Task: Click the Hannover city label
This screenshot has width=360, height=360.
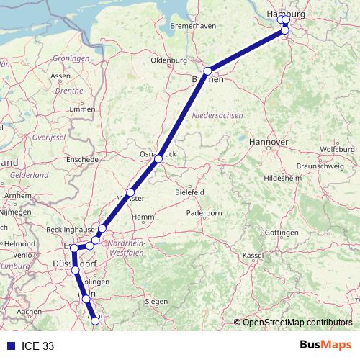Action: tap(269, 143)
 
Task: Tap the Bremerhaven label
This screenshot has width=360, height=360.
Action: tap(194, 27)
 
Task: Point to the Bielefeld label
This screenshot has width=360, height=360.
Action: tap(191, 193)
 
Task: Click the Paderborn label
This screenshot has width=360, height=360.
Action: tap(204, 213)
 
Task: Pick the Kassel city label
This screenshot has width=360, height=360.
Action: tap(253, 256)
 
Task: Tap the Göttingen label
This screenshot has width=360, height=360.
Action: tap(282, 233)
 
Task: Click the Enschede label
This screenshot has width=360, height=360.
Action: tap(81, 159)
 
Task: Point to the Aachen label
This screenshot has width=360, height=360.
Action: tap(29, 311)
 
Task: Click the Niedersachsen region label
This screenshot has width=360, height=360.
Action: tap(219, 115)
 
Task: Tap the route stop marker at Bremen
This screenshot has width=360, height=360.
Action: tap(207, 71)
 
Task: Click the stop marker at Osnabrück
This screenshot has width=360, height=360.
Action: tap(159, 159)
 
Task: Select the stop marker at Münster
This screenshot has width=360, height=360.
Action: tap(130, 192)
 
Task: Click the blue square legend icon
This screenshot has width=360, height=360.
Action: tap(9, 346)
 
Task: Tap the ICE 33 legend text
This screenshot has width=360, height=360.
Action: tap(38, 346)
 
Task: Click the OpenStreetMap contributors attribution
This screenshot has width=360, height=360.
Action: tap(296, 323)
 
